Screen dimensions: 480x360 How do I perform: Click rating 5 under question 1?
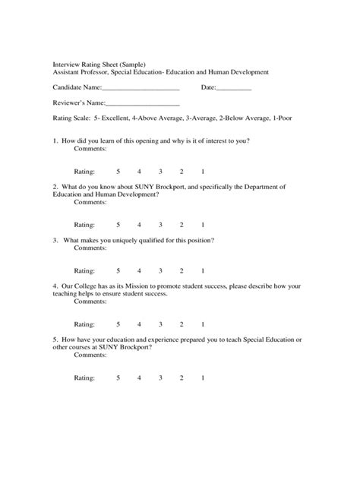(x=118, y=172)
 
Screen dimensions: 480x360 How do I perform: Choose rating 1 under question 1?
(x=203, y=172)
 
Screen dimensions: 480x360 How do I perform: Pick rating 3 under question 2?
(x=160, y=226)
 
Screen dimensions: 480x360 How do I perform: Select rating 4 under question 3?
(x=140, y=270)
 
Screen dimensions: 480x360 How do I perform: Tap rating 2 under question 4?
(x=182, y=324)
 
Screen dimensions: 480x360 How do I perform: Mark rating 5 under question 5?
(x=118, y=377)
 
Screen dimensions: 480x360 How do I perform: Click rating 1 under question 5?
(x=203, y=377)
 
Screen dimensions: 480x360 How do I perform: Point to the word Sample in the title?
(x=131, y=64)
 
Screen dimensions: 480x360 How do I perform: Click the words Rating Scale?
(x=69, y=119)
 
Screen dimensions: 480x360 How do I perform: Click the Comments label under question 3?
(x=90, y=248)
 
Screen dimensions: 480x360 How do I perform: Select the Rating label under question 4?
(x=84, y=324)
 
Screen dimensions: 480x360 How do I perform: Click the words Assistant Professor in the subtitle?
(x=81, y=71)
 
